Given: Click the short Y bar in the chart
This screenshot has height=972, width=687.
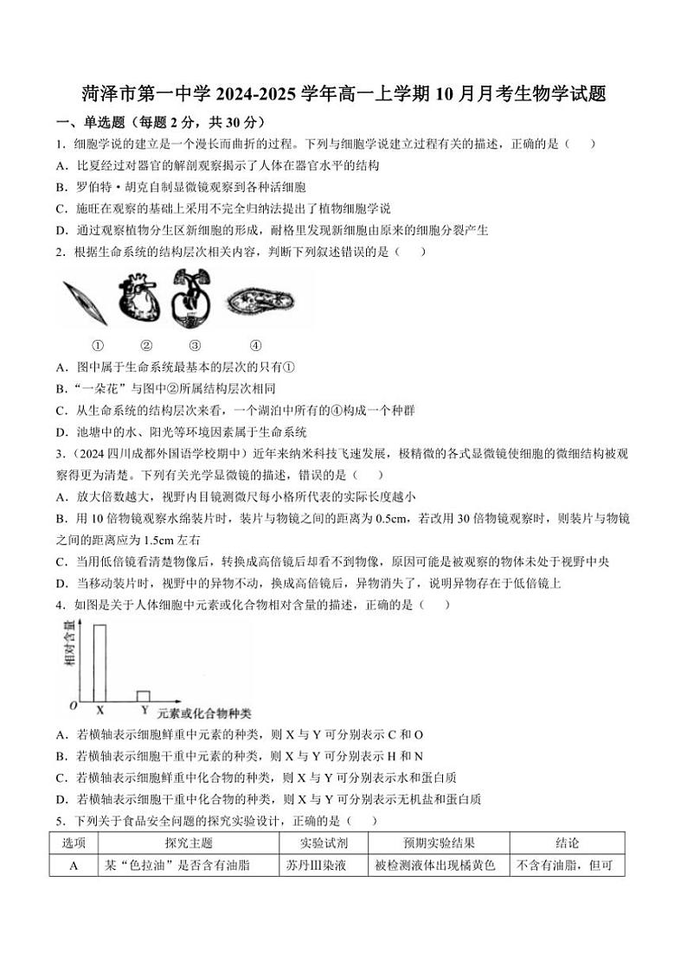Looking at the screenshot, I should coord(144,695).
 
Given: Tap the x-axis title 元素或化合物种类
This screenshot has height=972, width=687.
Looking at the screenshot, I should coord(204,713).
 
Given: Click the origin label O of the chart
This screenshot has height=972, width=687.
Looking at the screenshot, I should coord(74,707).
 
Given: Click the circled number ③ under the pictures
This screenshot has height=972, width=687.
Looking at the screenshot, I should coord(195,343).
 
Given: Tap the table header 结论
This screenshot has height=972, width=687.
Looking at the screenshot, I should coord(567,843).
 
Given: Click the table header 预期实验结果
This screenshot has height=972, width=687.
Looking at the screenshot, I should coord(439,843).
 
